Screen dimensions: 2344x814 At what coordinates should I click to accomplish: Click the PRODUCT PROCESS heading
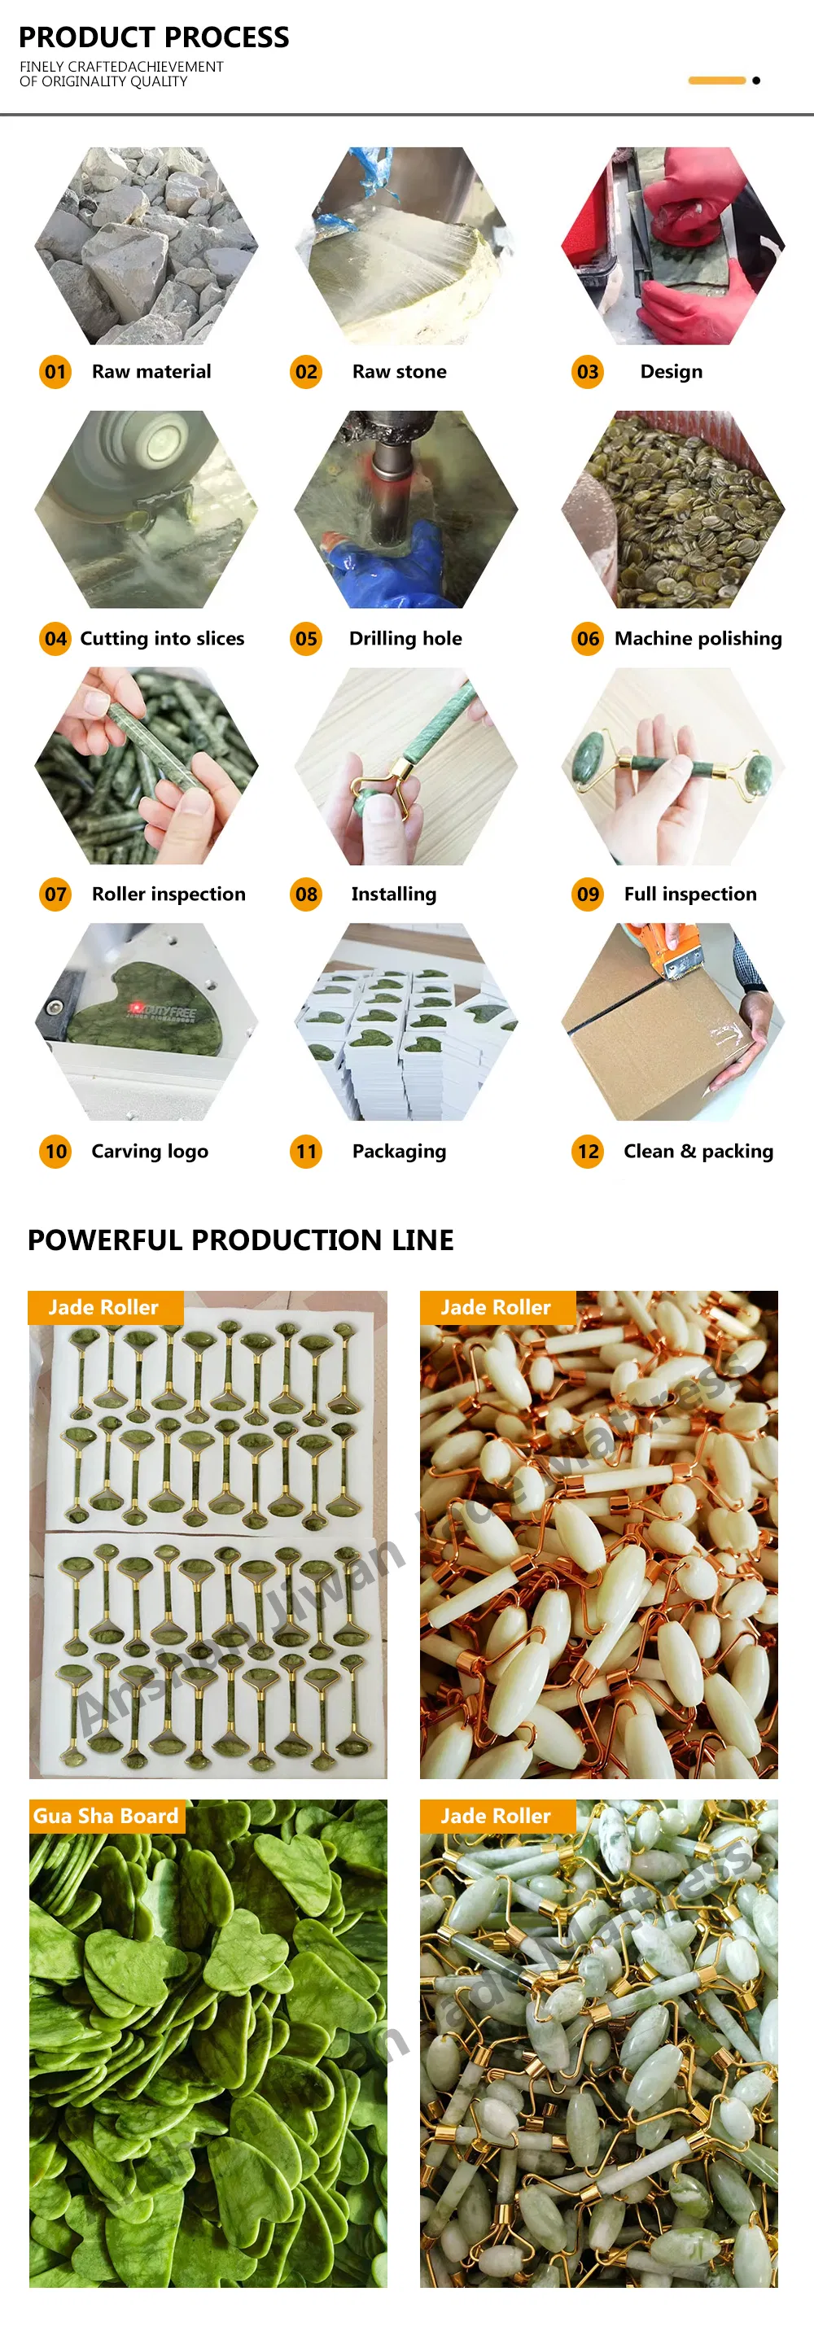coord(154,37)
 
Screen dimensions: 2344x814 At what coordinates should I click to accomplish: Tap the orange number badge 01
coord(55,372)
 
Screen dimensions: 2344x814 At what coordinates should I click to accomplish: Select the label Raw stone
coord(399,372)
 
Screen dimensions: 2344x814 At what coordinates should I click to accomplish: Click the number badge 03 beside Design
coord(589,372)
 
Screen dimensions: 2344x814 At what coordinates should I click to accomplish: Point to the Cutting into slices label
coord(162,639)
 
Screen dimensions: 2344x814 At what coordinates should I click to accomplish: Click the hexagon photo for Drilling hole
coord(406,509)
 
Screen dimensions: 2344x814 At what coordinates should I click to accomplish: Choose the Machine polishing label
coord(698,639)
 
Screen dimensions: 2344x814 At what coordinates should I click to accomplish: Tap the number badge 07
coord(55,894)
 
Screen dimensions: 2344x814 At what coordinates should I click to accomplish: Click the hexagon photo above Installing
coord(406,766)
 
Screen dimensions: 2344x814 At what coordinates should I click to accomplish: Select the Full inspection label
coord(690,894)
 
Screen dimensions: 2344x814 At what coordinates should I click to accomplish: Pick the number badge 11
coord(306,1152)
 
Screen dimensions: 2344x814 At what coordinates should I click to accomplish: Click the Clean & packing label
coord(698,1152)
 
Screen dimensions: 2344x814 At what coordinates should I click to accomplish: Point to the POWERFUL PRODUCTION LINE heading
coord(240,1240)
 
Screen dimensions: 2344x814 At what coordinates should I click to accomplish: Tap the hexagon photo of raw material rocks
coord(146,246)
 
